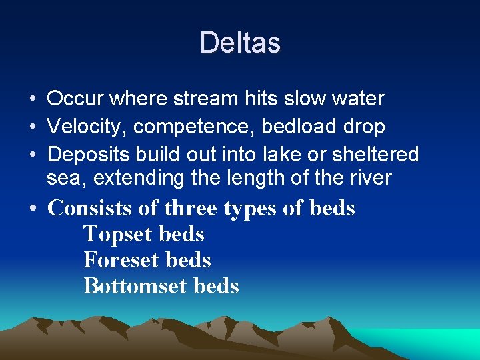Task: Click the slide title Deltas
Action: tap(240, 43)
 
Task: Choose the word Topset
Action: tap(119, 234)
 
